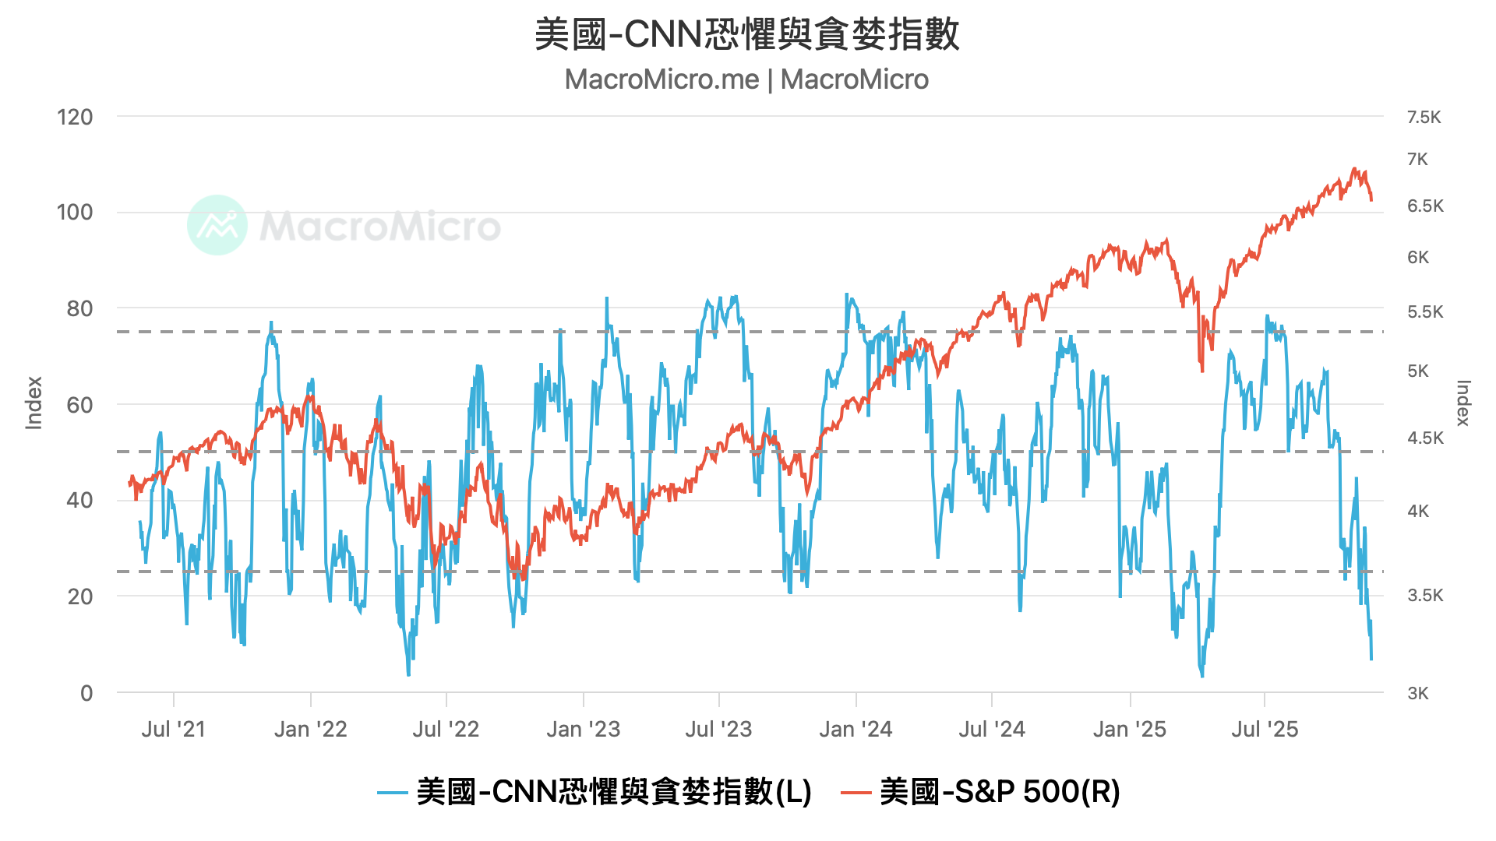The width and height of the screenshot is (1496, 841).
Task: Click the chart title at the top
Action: coord(746,35)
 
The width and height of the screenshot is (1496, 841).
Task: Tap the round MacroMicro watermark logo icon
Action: coord(217,225)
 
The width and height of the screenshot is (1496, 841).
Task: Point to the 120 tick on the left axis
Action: coord(75,118)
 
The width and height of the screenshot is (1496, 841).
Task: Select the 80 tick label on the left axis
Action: coord(79,309)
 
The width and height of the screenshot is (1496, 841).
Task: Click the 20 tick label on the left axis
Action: coord(79,597)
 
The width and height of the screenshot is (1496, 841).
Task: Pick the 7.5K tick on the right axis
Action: coord(1424,118)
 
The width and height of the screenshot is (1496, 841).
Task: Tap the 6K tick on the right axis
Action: coord(1418,258)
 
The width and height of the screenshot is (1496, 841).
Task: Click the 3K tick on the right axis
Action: coord(1418,693)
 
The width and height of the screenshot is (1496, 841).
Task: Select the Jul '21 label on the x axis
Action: coord(173,730)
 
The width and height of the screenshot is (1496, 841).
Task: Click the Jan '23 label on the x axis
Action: coord(583,730)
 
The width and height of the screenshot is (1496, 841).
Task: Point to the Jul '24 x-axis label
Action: coord(991,730)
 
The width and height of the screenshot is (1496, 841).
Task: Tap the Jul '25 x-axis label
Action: coord(1264,730)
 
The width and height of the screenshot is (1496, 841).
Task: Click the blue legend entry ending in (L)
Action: coord(595,792)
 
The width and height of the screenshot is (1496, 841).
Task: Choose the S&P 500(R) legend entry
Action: coord(980,792)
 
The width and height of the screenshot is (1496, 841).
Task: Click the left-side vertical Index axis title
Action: coord(34,403)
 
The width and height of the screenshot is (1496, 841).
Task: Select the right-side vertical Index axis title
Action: coord(1462,403)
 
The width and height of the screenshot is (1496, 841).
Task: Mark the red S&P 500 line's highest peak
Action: coord(1354,168)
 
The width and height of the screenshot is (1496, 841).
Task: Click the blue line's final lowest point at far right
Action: coord(1371,659)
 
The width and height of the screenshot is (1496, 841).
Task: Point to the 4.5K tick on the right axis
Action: coord(1425,438)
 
